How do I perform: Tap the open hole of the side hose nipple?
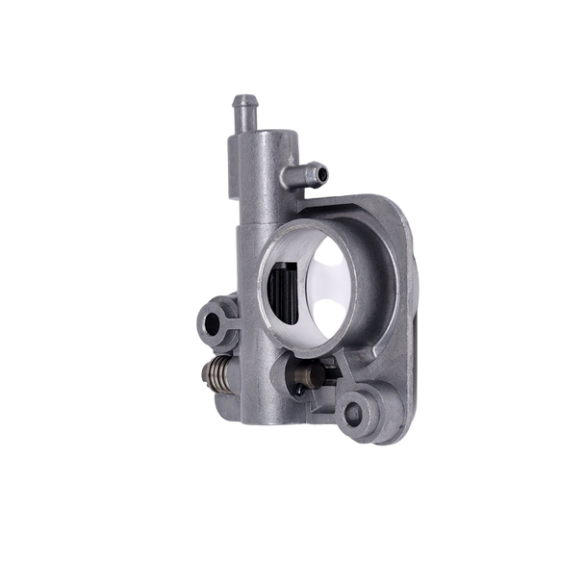pos(321,174)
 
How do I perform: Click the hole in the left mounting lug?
pos(216,320)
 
